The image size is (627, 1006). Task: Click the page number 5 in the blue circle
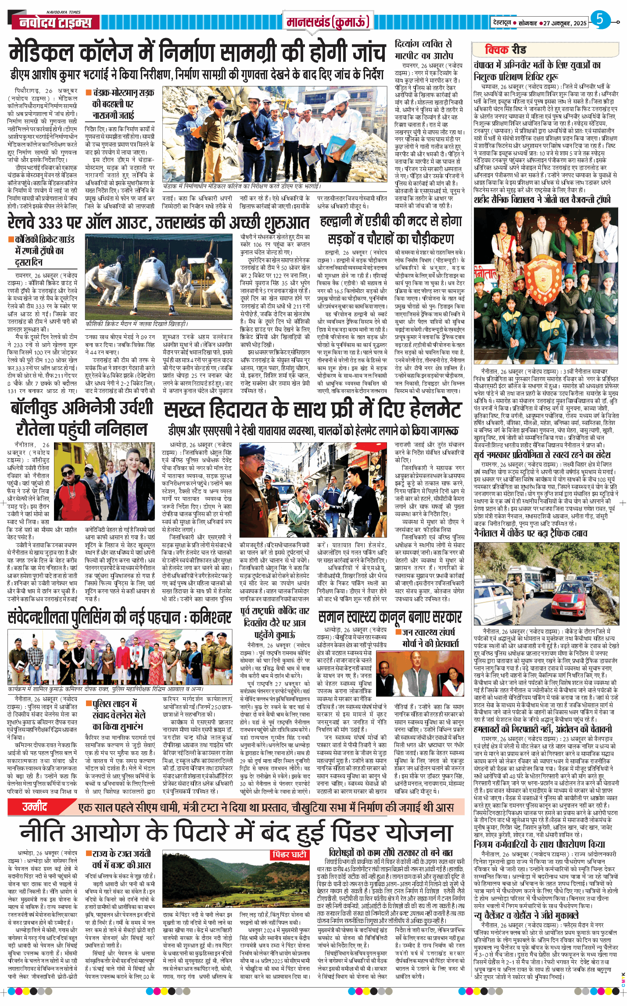599,20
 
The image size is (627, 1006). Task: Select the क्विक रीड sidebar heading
505,50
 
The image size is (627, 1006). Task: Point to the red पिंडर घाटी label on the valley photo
290,854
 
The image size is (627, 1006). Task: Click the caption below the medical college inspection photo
241,186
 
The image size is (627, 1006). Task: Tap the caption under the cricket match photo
137,324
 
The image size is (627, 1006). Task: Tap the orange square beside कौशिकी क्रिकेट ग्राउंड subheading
11,239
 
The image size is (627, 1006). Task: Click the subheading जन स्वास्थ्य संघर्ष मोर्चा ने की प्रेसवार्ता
430,637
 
